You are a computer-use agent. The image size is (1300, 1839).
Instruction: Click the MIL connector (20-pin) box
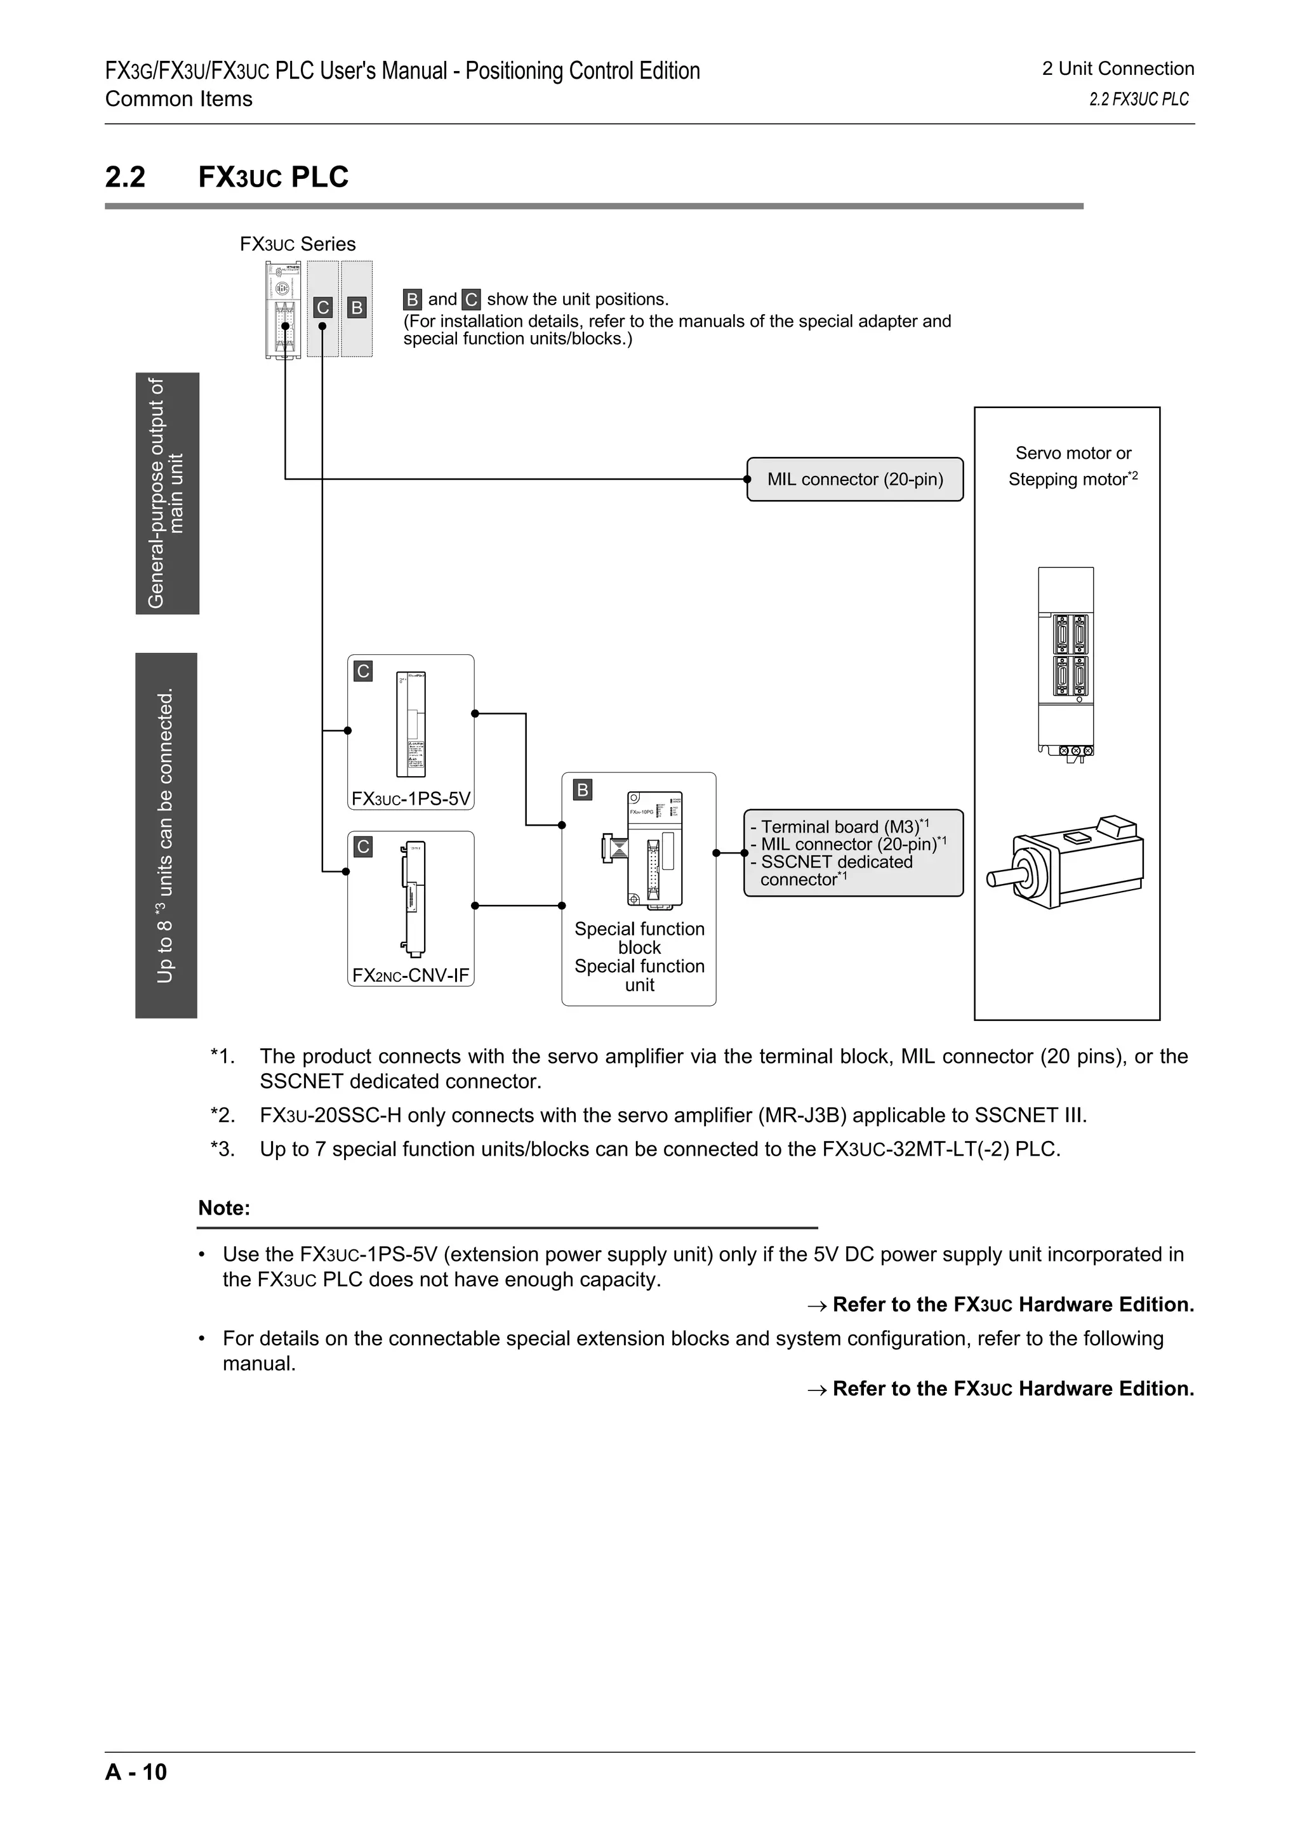[x=854, y=479]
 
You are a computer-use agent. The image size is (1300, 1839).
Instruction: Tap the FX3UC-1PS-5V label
[x=411, y=798]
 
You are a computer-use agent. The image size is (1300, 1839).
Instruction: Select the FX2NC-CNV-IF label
[x=411, y=975]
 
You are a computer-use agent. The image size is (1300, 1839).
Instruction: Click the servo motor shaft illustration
[x=1000, y=877]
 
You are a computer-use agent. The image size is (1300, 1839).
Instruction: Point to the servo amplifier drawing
[x=1065, y=661]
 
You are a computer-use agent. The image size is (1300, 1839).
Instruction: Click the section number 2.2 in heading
[x=126, y=177]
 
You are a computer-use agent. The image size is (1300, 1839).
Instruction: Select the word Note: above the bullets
[x=224, y=1208]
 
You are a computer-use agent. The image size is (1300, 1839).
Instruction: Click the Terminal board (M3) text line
[x=839, y=826]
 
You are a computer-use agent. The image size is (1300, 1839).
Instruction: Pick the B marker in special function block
[x=582, y=790]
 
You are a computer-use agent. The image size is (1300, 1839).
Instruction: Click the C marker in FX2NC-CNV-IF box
[x=363, y=847]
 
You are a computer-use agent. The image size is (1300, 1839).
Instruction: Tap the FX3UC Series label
[x=297, y=244]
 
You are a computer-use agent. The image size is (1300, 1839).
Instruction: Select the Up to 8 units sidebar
[x=166, y=835]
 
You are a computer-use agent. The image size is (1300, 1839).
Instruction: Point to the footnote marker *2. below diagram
[x=222, y=1115]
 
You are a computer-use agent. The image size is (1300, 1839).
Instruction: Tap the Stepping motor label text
[x=1067, y=480]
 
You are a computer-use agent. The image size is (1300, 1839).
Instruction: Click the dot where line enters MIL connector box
[x=747, y=479]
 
